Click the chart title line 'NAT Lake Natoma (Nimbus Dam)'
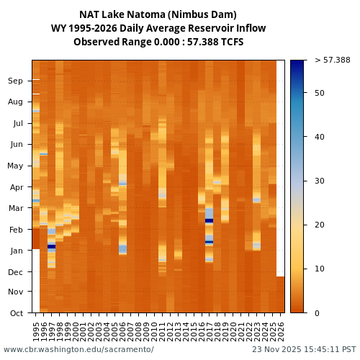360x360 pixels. (158, 14)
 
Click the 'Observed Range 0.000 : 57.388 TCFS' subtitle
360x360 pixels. (158, 42)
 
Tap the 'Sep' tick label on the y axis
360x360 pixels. (15, 81)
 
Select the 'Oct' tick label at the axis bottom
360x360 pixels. (15, 312)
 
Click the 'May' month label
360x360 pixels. (15, 166)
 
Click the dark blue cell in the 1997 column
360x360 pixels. (51, 246)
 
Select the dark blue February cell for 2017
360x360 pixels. (209, 221)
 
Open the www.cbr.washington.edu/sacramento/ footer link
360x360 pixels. (78, 349)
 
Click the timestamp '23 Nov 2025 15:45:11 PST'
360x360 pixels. (304, 349)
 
